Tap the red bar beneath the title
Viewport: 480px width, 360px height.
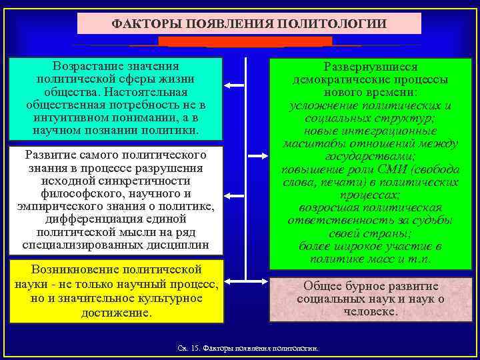245,41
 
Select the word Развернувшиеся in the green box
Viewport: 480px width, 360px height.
370,67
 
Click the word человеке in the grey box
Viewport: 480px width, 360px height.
370,311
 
